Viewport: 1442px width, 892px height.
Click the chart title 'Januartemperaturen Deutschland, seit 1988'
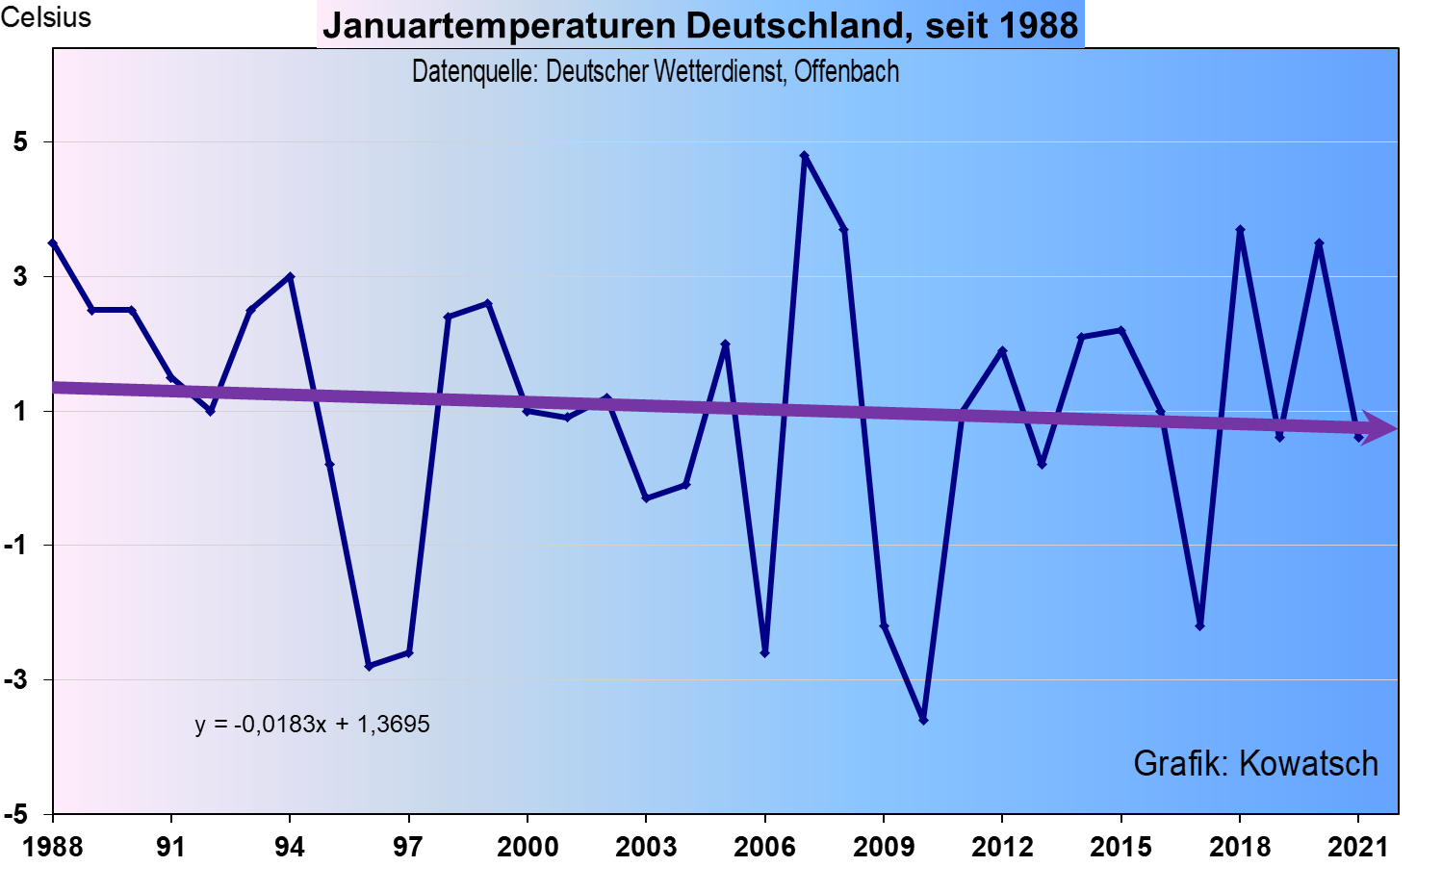(x=700, y=25)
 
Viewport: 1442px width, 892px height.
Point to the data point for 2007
(x=805, y=155)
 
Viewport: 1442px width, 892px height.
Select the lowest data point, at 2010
(x=923, y=720)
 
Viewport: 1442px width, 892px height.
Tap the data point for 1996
(x=369, y=666)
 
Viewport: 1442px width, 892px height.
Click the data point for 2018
(x=1240, y=230)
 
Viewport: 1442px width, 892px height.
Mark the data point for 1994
(x=290, y=276)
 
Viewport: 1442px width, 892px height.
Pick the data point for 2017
(x=1200, y=626)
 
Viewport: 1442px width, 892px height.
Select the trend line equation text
(x=312, y=724)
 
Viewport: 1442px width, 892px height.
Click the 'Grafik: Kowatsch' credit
(x=1255, y=763)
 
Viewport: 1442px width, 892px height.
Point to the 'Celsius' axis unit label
(x=46, y=17)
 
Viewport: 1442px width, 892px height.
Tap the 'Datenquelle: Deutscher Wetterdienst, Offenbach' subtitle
(x=656, y=71)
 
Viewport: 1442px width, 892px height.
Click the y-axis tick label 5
(x=21, y=142)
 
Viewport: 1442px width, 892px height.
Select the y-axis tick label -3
(x=16, y=679)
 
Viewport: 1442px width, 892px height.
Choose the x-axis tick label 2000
(x=528, y=847)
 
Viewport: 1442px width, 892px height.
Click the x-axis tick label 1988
(x=53, y=847)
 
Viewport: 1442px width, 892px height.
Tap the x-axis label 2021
(x=1358, y=847)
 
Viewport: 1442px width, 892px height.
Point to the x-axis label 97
(x=408, y=847)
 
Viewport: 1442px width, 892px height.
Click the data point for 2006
(x=765, y=653)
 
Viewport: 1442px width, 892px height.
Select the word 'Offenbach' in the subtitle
(x=846, y=71)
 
